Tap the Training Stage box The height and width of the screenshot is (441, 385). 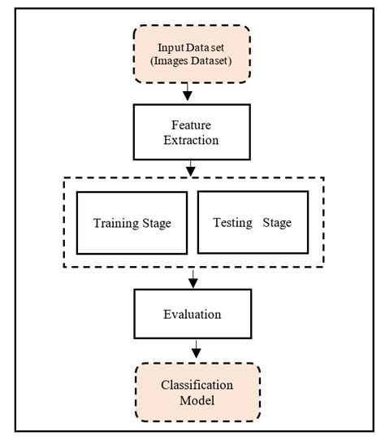point(132,224)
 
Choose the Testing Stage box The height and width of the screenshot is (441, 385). point(252,224)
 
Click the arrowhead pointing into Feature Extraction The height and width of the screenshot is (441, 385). point(187,96)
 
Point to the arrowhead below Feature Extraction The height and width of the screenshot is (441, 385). point(192,171)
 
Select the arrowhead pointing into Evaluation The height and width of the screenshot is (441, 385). point(192,283)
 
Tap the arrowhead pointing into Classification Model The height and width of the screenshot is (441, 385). point(195,354)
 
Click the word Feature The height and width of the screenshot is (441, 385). point(192,124)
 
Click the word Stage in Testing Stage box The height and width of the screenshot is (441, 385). point(277,224)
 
